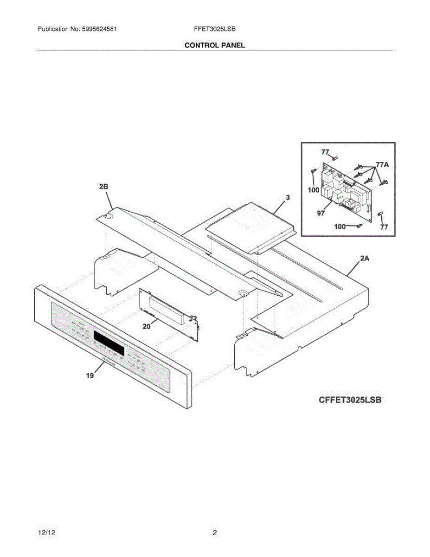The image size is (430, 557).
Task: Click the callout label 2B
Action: (x=103, y=187)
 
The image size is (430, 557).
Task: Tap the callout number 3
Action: (x=288, y=198)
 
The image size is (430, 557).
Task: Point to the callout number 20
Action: (x=147, y=326)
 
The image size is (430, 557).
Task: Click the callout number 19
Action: (x=90, y=376)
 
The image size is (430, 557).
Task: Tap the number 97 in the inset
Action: (x=321, y=213)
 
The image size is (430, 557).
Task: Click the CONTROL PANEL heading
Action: (x=215, y=45)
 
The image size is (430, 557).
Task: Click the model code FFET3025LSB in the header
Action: (x=215, y=29)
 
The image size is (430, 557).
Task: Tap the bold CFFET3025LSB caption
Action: (x=350, y=400)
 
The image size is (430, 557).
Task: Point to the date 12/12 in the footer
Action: (x=45, y=533)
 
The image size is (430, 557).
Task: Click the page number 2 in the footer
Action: (x=215, y=533)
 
